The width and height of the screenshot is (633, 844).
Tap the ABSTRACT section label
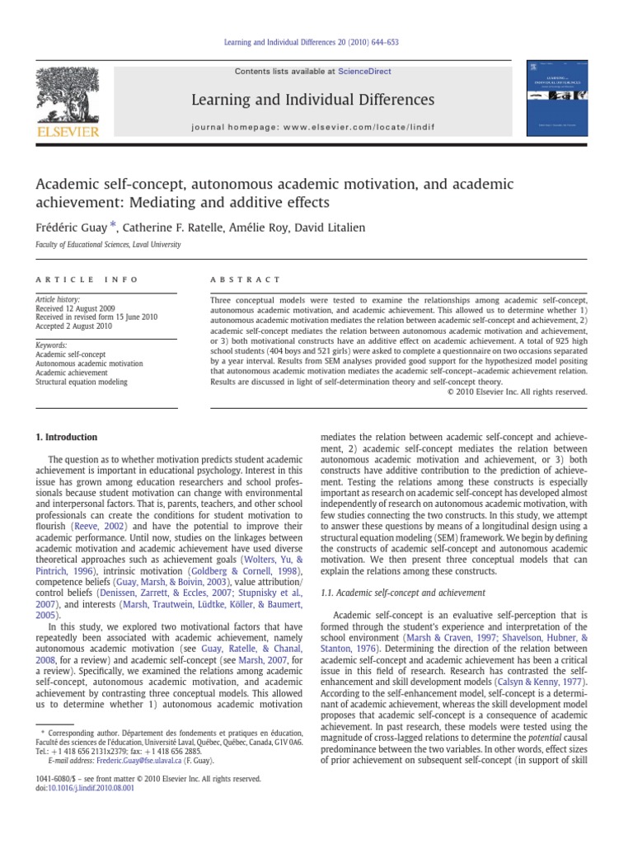[246, 280]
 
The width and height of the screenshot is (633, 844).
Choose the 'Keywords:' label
[51, 345]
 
